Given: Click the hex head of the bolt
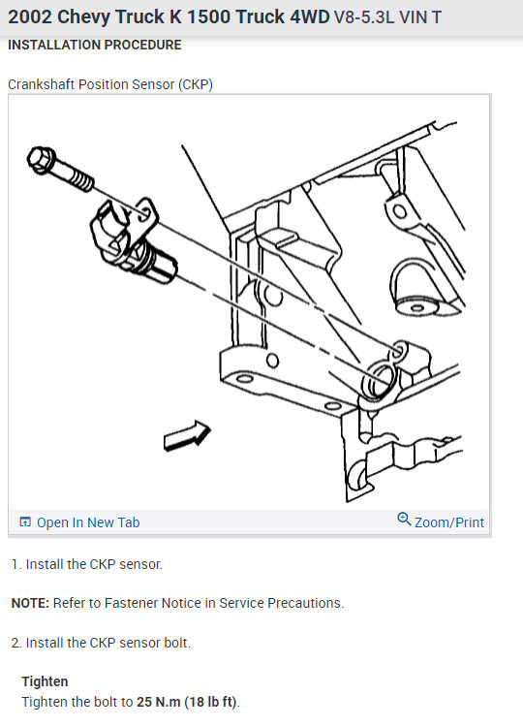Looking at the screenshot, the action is click(42, 160).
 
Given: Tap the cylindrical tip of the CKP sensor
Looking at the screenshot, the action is click(163, 268).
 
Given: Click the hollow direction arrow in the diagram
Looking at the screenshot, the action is click(187, 435).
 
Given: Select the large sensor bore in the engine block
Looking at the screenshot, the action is click(379, 381).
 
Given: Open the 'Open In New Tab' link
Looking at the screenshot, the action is click(79, 522).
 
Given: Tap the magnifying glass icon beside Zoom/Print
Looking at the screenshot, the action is click(404, 520).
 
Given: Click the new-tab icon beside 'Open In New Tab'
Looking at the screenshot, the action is click(25, 522).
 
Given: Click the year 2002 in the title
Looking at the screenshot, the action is click(30, 17).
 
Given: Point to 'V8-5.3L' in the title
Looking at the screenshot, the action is click(364, 17).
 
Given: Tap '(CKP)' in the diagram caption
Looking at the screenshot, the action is click(196, 84).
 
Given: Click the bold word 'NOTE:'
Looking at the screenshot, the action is click(30, 603).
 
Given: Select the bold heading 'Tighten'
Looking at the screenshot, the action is click(45, 681).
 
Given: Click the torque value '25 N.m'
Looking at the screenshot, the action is click(158, 702).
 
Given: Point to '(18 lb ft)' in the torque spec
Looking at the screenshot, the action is click(211, 702).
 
